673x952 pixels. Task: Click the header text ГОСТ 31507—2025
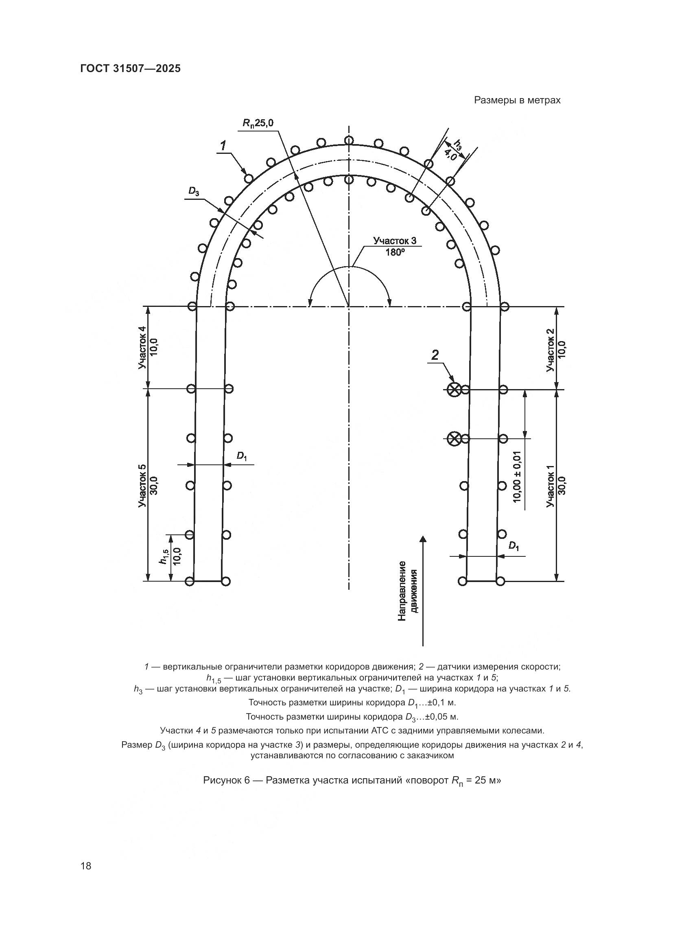[x=130, y=69]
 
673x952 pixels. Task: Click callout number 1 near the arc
[x=223, y=146]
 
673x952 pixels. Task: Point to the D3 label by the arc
[x=194, y=191]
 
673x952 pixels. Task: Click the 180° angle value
[x=395, y=252]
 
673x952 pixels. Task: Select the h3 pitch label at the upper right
[x=457, y=145]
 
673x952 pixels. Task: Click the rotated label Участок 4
[x=142, y=348]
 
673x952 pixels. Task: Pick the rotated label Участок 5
[x=142, y=485]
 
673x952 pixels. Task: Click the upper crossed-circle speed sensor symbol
[x=454, y=389]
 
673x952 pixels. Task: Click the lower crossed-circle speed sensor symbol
[x=454, y=439]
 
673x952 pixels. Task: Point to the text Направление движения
[x=407, y=591]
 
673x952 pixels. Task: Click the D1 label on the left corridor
[x=242, y=456]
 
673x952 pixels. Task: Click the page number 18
[x=86, y=866]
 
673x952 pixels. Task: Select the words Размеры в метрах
[x=517, y=101]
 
